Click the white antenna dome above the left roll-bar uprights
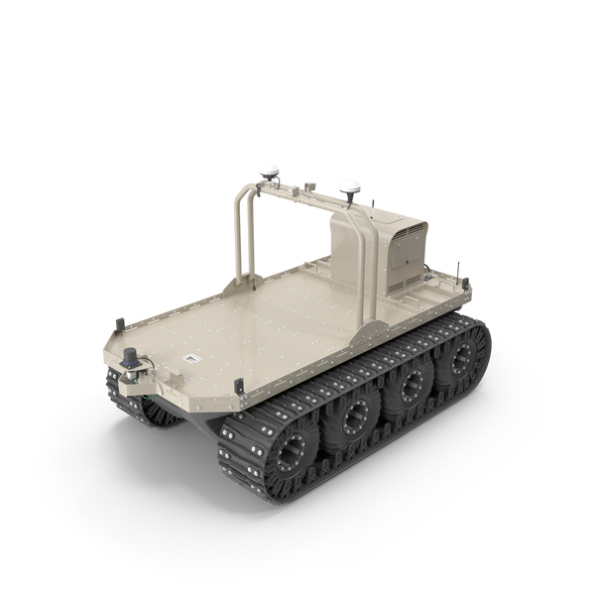269,172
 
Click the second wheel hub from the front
353,420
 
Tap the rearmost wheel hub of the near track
460,360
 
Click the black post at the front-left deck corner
120,324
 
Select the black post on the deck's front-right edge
238,386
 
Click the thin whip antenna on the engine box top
374,204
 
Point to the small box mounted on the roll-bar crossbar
310,184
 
